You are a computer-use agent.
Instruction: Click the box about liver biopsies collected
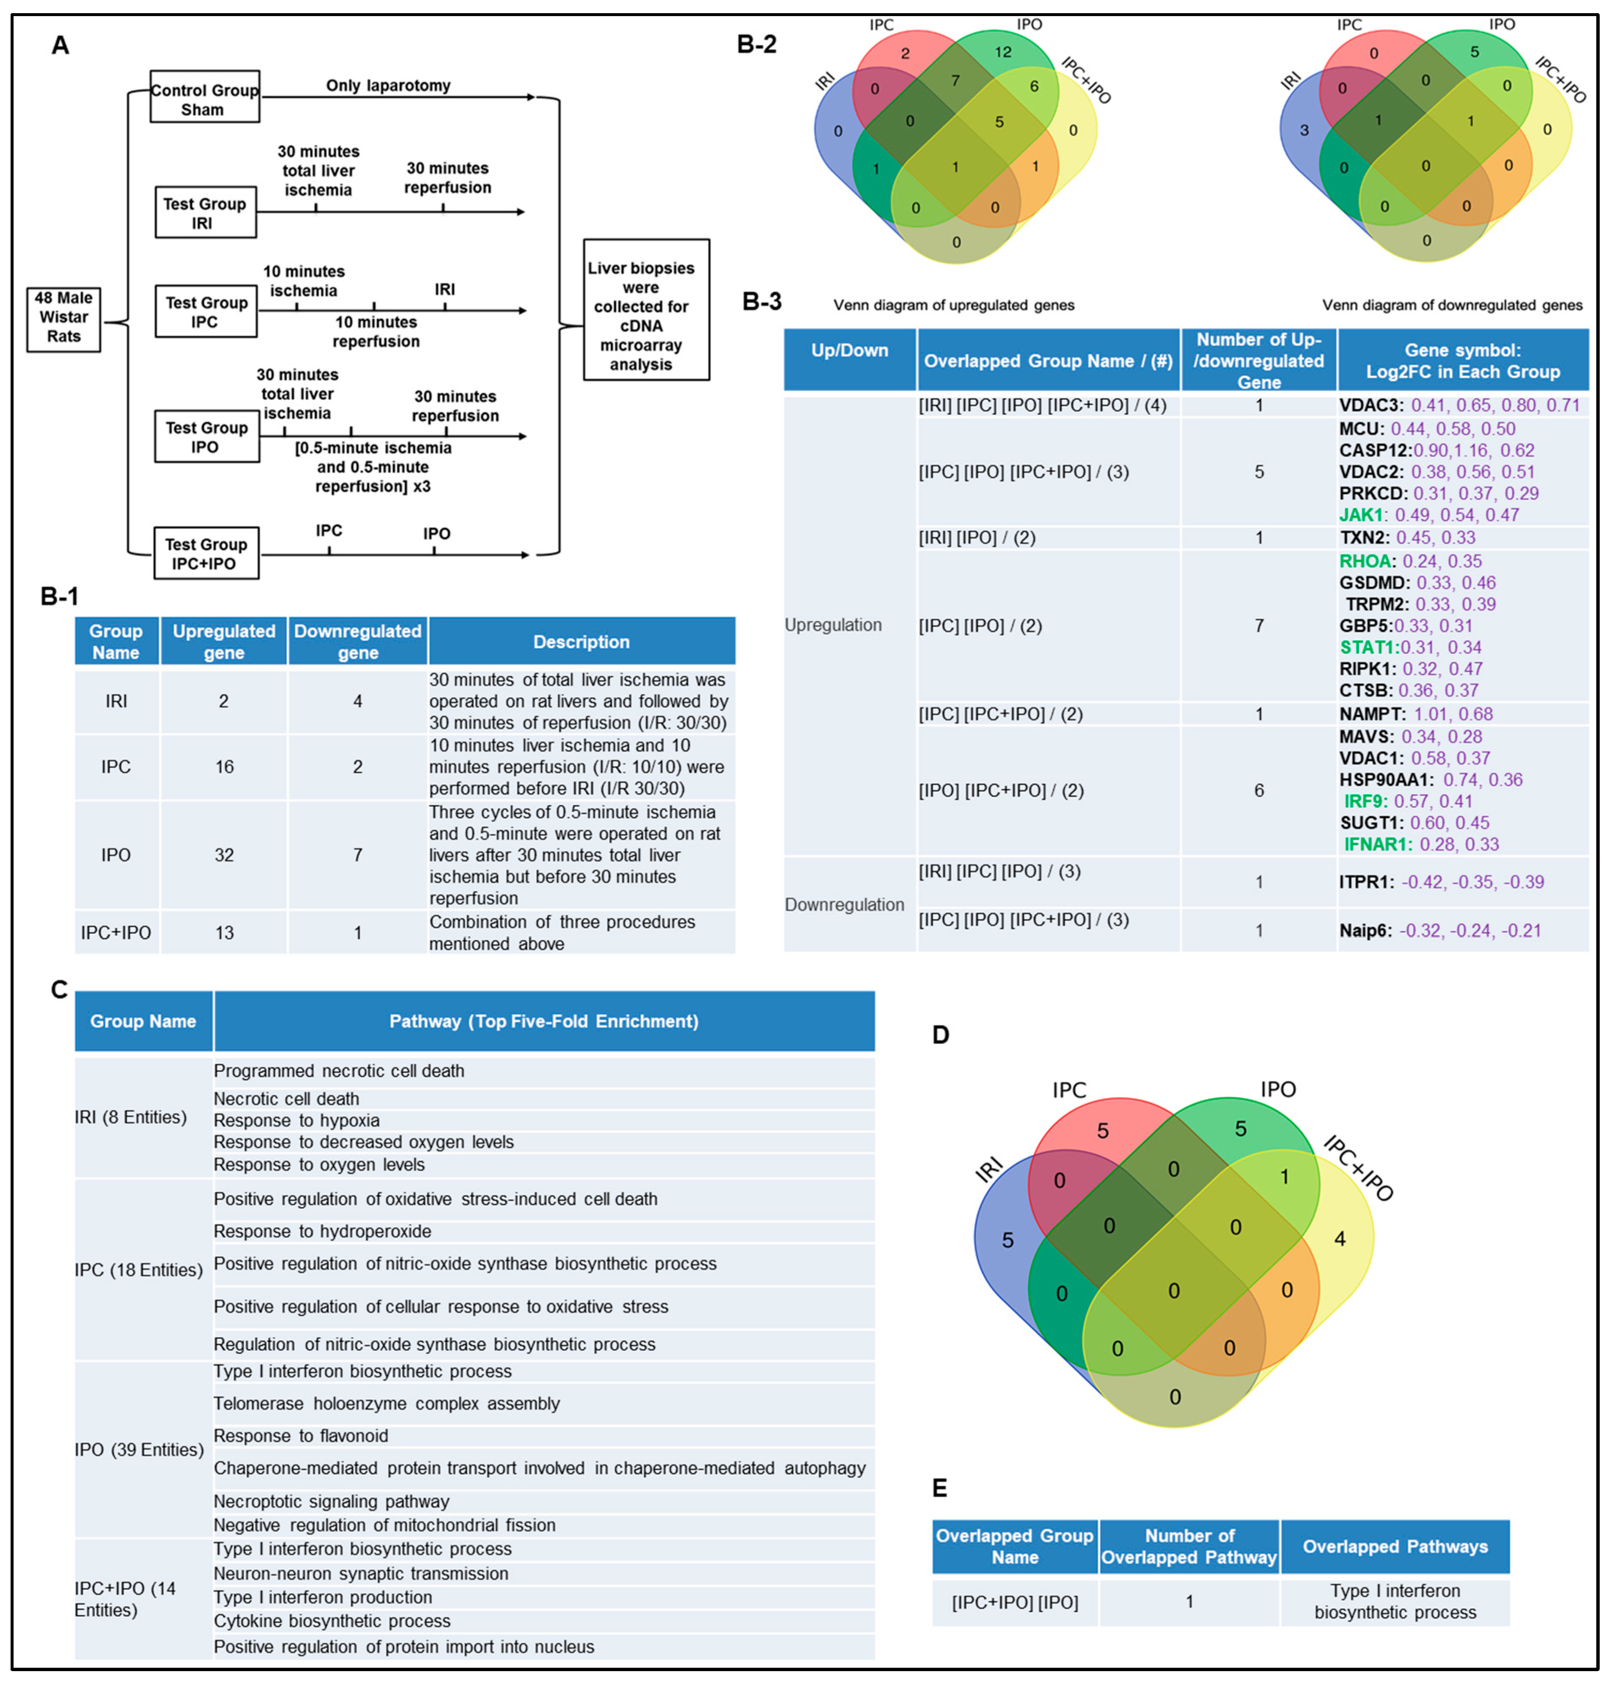click(646, 310)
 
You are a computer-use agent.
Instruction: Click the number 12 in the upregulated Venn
click(1002, 52)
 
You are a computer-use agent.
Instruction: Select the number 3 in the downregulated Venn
click(1304, 130)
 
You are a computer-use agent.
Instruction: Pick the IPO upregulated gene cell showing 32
click(224, 855)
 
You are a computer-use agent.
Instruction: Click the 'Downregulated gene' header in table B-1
click(358, 641)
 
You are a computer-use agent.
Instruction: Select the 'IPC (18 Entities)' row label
click(138, 1270)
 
